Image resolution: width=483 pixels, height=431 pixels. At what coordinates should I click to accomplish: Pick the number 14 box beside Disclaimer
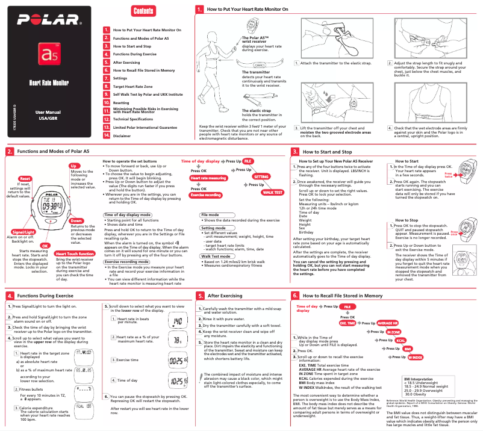coord(106,136)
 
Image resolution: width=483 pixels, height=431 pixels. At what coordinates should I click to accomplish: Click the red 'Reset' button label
coord(25,179)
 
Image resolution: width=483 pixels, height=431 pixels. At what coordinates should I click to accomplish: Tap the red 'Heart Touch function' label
coord(74,253)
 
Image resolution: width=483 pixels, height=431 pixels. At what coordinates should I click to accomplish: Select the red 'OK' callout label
coord(44,245)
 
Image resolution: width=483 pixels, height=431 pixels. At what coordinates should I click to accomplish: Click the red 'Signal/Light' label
coord(23,232)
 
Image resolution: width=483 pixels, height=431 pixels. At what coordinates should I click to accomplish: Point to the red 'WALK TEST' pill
coord(272,192)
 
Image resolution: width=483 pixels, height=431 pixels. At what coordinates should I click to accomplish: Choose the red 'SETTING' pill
coord(261,177)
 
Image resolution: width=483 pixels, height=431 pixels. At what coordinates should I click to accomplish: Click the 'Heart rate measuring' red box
coord(208,178)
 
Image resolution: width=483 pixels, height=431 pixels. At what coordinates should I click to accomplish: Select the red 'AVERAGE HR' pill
coord(387,323)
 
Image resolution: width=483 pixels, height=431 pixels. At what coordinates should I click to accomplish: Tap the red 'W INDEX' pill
coord(416,357)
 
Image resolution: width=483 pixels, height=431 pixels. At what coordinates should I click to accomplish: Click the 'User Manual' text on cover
coord(48,113)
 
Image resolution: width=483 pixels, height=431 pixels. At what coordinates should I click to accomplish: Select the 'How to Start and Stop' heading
coord(327,152)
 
